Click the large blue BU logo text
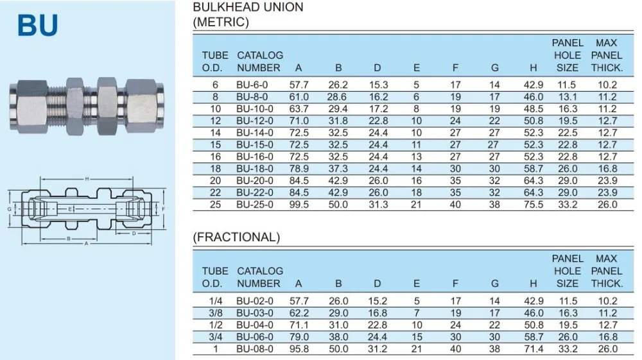(x=38, y=26)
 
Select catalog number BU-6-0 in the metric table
(x=252, y=85)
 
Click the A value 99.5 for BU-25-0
(x=299, y=205)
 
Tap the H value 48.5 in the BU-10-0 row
(x=533, y=109)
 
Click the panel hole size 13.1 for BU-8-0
(x=567, y=97)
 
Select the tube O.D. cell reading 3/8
(x=215, y=313)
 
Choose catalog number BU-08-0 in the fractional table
(x=255, y=349)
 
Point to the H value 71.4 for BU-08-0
(x=534, y=349)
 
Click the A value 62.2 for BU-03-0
(x=299, y=313)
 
